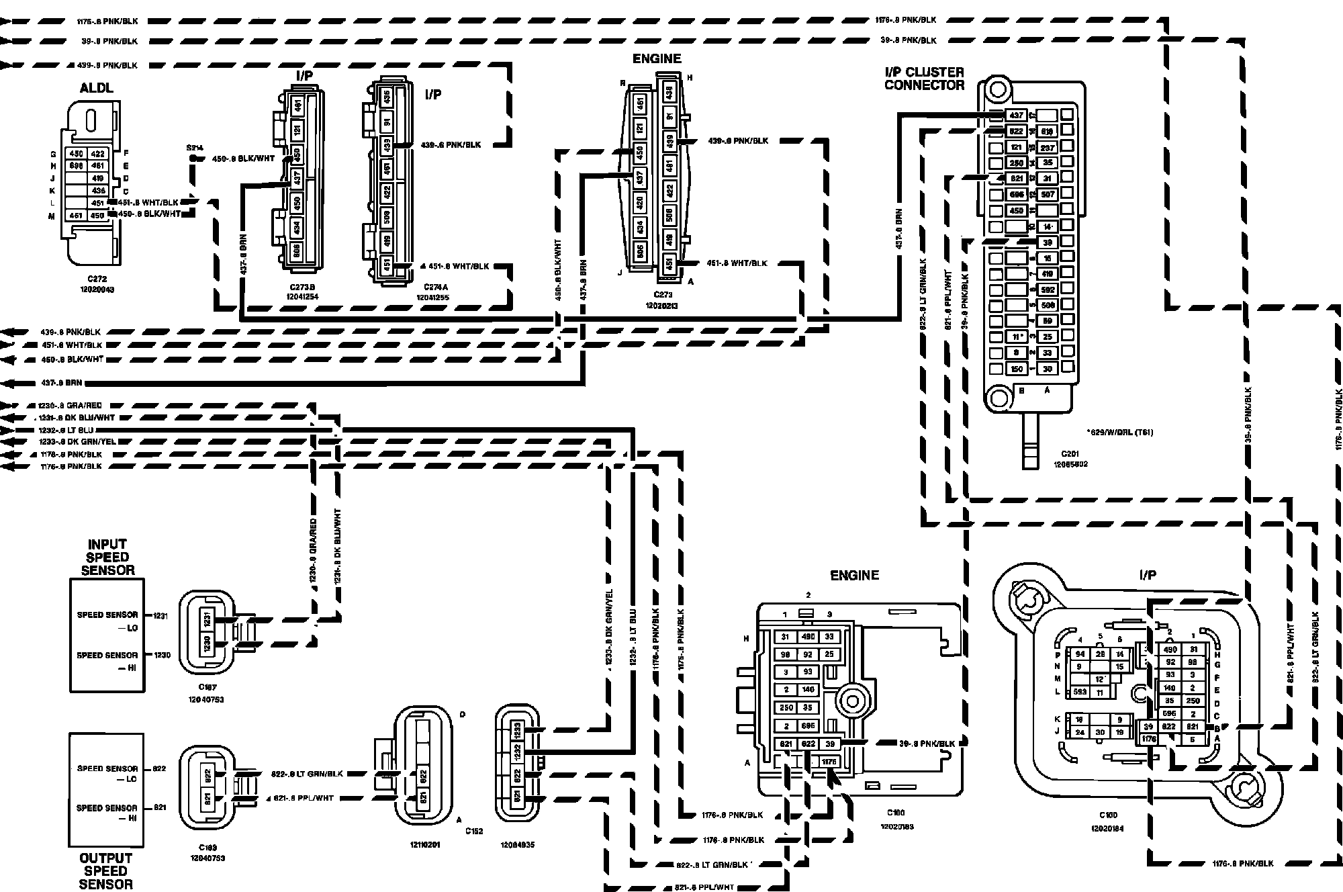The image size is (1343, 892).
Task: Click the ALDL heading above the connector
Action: [x=97, y=88]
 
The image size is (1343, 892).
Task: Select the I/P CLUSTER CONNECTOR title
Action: [x=924, y=79]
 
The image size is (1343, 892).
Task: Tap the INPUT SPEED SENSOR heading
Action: [x=107, y=557]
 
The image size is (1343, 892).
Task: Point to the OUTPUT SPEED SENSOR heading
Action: [x=106, y=871]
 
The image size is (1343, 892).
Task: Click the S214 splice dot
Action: [x=193, y=159]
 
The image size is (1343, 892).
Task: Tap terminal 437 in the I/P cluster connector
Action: [x=1017, y=116]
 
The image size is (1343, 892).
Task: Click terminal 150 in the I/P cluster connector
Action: [x=1017, y=369]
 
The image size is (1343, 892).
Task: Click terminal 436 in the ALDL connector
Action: [x=98, y=191]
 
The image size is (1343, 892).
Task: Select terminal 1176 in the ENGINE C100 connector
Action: [x=829, y=762]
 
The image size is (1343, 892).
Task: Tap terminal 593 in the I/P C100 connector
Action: [x=1080, y=692]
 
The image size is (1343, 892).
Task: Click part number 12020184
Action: [x=1107, y=828]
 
